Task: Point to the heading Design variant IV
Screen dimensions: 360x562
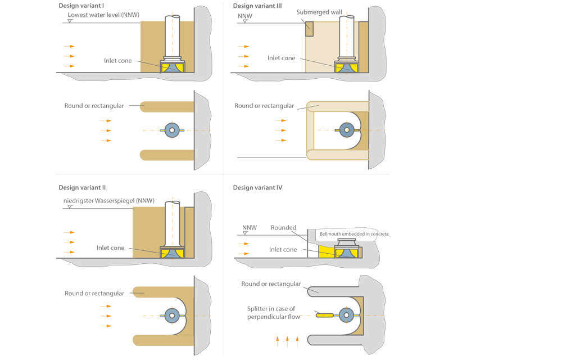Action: click(x=257, y=187)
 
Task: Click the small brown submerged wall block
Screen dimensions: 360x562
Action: click(x=309, y=29)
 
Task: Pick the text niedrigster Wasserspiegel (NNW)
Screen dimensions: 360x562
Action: click(x=106, y=200)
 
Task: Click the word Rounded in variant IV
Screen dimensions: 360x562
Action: click(x=284, y=228)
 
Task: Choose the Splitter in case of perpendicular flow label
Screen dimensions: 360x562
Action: click(x=273, y=313)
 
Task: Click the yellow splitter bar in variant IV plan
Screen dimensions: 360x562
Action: click(x=324, y=315)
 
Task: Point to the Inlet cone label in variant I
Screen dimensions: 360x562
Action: click(x=117, y=61)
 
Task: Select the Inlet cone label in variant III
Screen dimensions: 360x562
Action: click(x=281, y=58)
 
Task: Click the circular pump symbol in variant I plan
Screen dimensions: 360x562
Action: click(x=173, y=130)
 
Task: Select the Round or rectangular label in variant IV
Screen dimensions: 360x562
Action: click(x=271, y=284)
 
